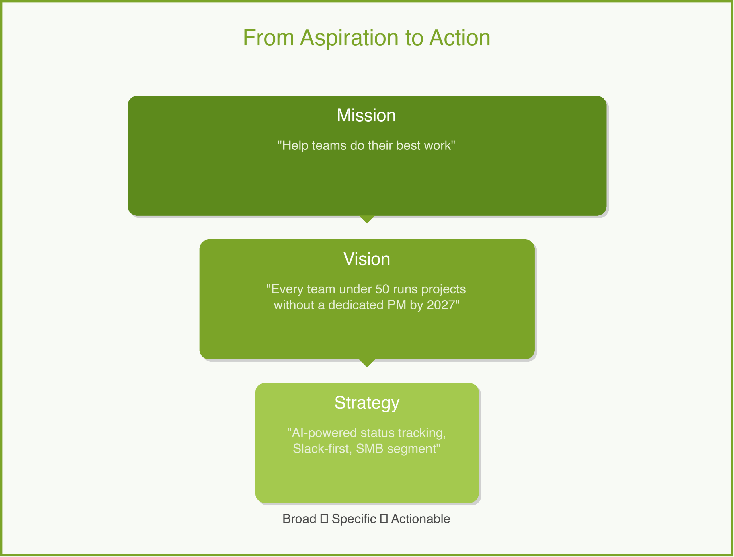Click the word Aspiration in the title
click(x=349, y=38)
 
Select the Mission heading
click(x=366, y=116)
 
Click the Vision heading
click(x=367, y=259)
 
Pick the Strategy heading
click(x=367, y=403)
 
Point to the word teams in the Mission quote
click(x=329, y=145)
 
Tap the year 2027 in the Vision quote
click(x=441, y=305)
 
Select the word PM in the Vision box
click(x=397, y=305)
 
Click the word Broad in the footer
click(x=299, y=519)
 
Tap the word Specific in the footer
click(x=354, y=519)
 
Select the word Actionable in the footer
click(x=420, y=519)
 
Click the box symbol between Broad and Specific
click(x=324, y=519)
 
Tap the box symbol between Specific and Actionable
click(x=384, y=519)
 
